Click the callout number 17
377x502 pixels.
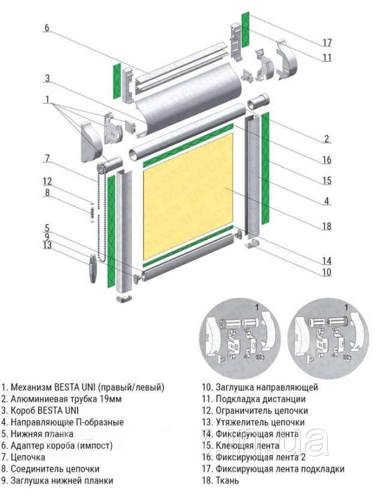[x=327, y=42]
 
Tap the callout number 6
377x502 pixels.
[x=47, y=28]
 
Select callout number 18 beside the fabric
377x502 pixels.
[x=327, y=226]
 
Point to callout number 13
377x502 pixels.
[x=47, y=245]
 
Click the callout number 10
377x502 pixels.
[x=327, y=272]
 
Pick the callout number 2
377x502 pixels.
[x=327, y=139]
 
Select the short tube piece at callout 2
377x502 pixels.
[x=259, y=103]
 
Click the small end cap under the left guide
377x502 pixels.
[x=124, y=299]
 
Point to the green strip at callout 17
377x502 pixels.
[x=246, y=29]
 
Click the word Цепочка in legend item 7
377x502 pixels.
[x=28, y=457]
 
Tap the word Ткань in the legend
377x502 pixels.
[x=228, y=480]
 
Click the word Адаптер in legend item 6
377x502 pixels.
[x=28, y=446]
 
